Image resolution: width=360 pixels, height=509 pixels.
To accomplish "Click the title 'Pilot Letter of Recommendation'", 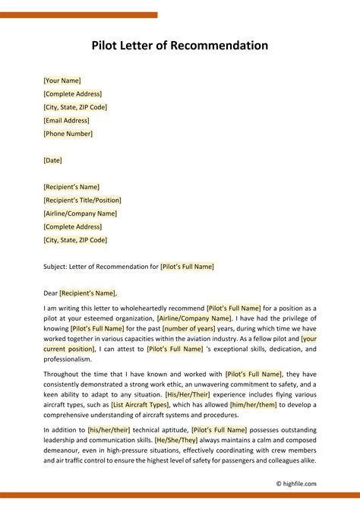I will pos(180,46).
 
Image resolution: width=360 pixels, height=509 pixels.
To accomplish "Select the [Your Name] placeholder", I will pos(62,81).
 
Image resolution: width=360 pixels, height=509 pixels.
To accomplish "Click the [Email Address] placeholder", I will pos(67,120).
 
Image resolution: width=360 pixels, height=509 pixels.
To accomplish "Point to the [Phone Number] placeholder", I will pos(68,134).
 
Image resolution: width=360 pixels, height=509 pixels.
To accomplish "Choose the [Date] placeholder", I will pos(53,160).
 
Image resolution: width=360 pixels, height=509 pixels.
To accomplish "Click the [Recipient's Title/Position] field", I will pos(83,200).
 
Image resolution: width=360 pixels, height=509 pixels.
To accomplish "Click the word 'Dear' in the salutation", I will pos(51,292).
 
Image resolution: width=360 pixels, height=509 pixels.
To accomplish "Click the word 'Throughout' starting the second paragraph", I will pos(62,375).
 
